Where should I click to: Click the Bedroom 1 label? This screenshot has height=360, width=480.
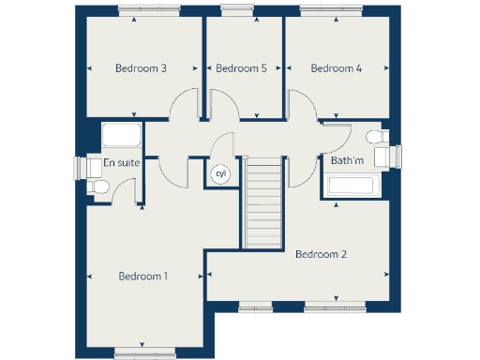click(x=142, y=276)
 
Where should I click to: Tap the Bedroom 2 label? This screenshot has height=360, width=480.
click(x=322, y=254)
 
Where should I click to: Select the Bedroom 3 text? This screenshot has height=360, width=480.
click(x=141, y=68)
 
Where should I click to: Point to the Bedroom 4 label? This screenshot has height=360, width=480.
click(x=336, y=68)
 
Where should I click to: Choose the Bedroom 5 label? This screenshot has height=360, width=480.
click(x=241, y=68)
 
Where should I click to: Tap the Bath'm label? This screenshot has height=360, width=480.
click(x=347, y=161)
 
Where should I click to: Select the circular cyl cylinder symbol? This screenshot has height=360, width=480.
click(x=221, y=174)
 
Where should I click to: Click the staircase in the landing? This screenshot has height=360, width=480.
click(x=262, y=202)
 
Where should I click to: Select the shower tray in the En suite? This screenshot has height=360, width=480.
click(x=122, y=135)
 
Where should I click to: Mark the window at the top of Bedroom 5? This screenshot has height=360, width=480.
click(x=230, y=11)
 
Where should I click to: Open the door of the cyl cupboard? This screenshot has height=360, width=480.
click(x=223, y=147)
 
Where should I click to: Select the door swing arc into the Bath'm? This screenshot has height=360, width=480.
click(x=336, y=141)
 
